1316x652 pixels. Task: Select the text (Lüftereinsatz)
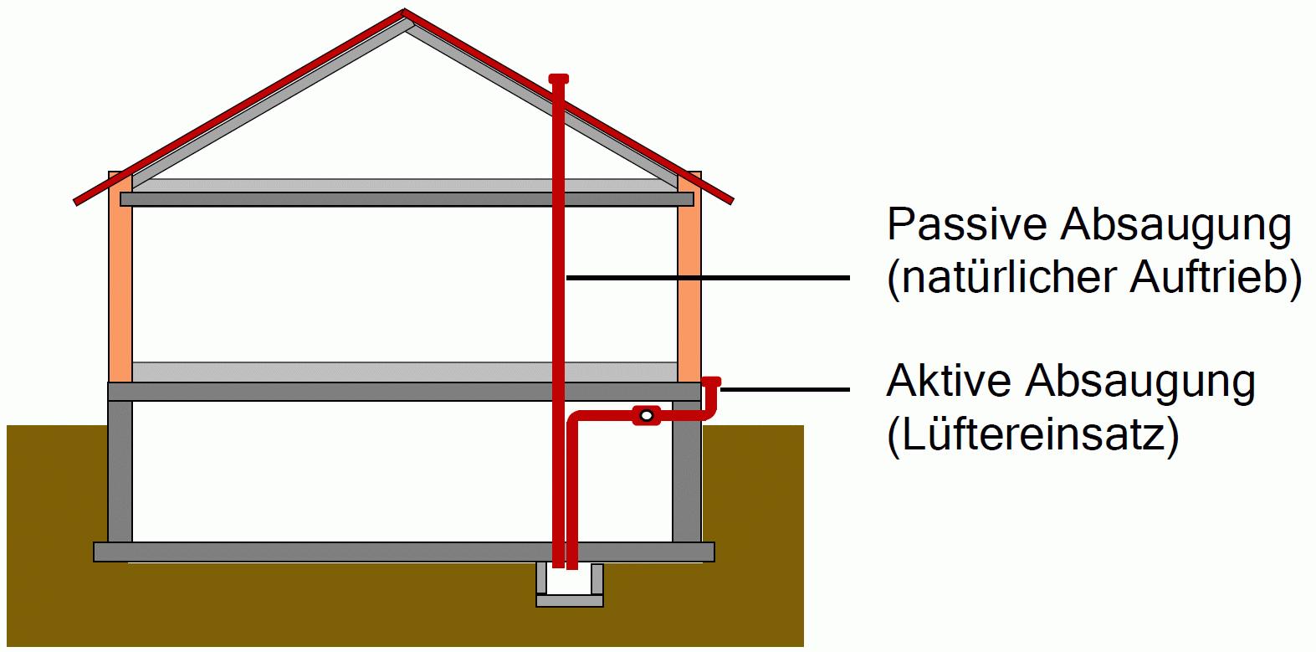tap(1032, 434)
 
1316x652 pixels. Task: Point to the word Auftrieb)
tap(1216, 278)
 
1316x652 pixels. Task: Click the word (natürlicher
tap(1001, 278)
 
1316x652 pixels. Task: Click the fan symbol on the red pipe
tap(646, 415)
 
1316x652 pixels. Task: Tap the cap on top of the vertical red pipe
tap(559, 80)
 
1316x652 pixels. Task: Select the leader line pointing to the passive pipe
tap(708, 277)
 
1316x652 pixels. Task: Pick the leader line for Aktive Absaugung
tap(785, 389)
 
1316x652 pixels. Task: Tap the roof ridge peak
tap(405, 13)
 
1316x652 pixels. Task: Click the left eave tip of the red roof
tap(78, 201)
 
